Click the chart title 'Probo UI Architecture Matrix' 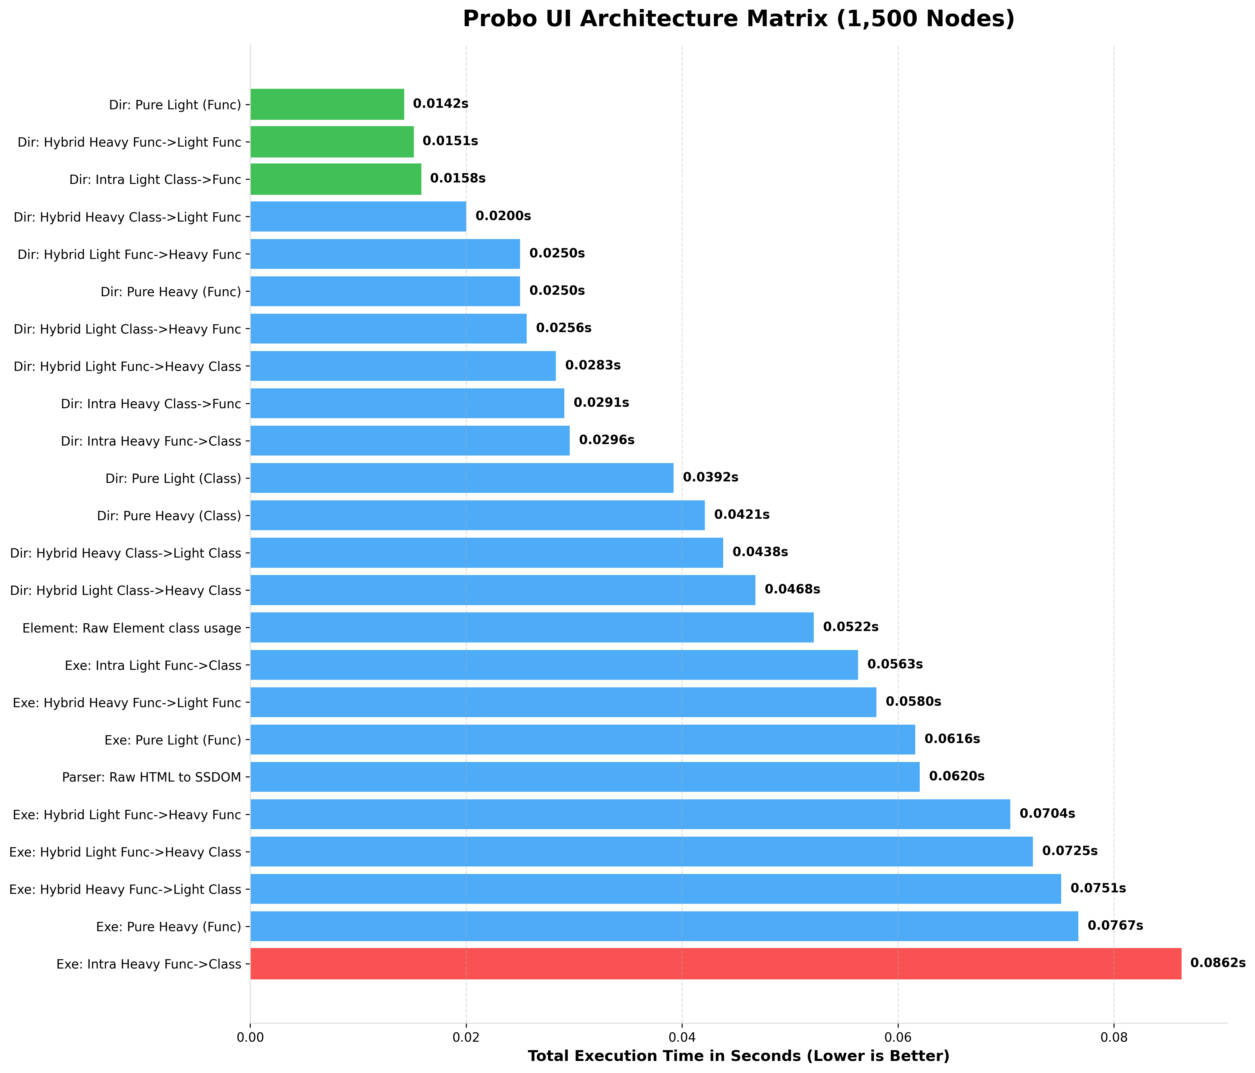pos(738,19)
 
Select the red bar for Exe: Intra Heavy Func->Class pos(715,963)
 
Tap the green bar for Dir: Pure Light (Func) pos(327,104)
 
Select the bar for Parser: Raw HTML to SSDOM pos(584,777)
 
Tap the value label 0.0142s pos(440,104)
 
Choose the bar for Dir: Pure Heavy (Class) pos(477,515)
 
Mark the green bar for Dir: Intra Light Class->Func pos(336,179)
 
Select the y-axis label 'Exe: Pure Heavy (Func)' pos(168,926)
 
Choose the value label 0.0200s pos(503,216)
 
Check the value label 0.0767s pos(1115,926)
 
